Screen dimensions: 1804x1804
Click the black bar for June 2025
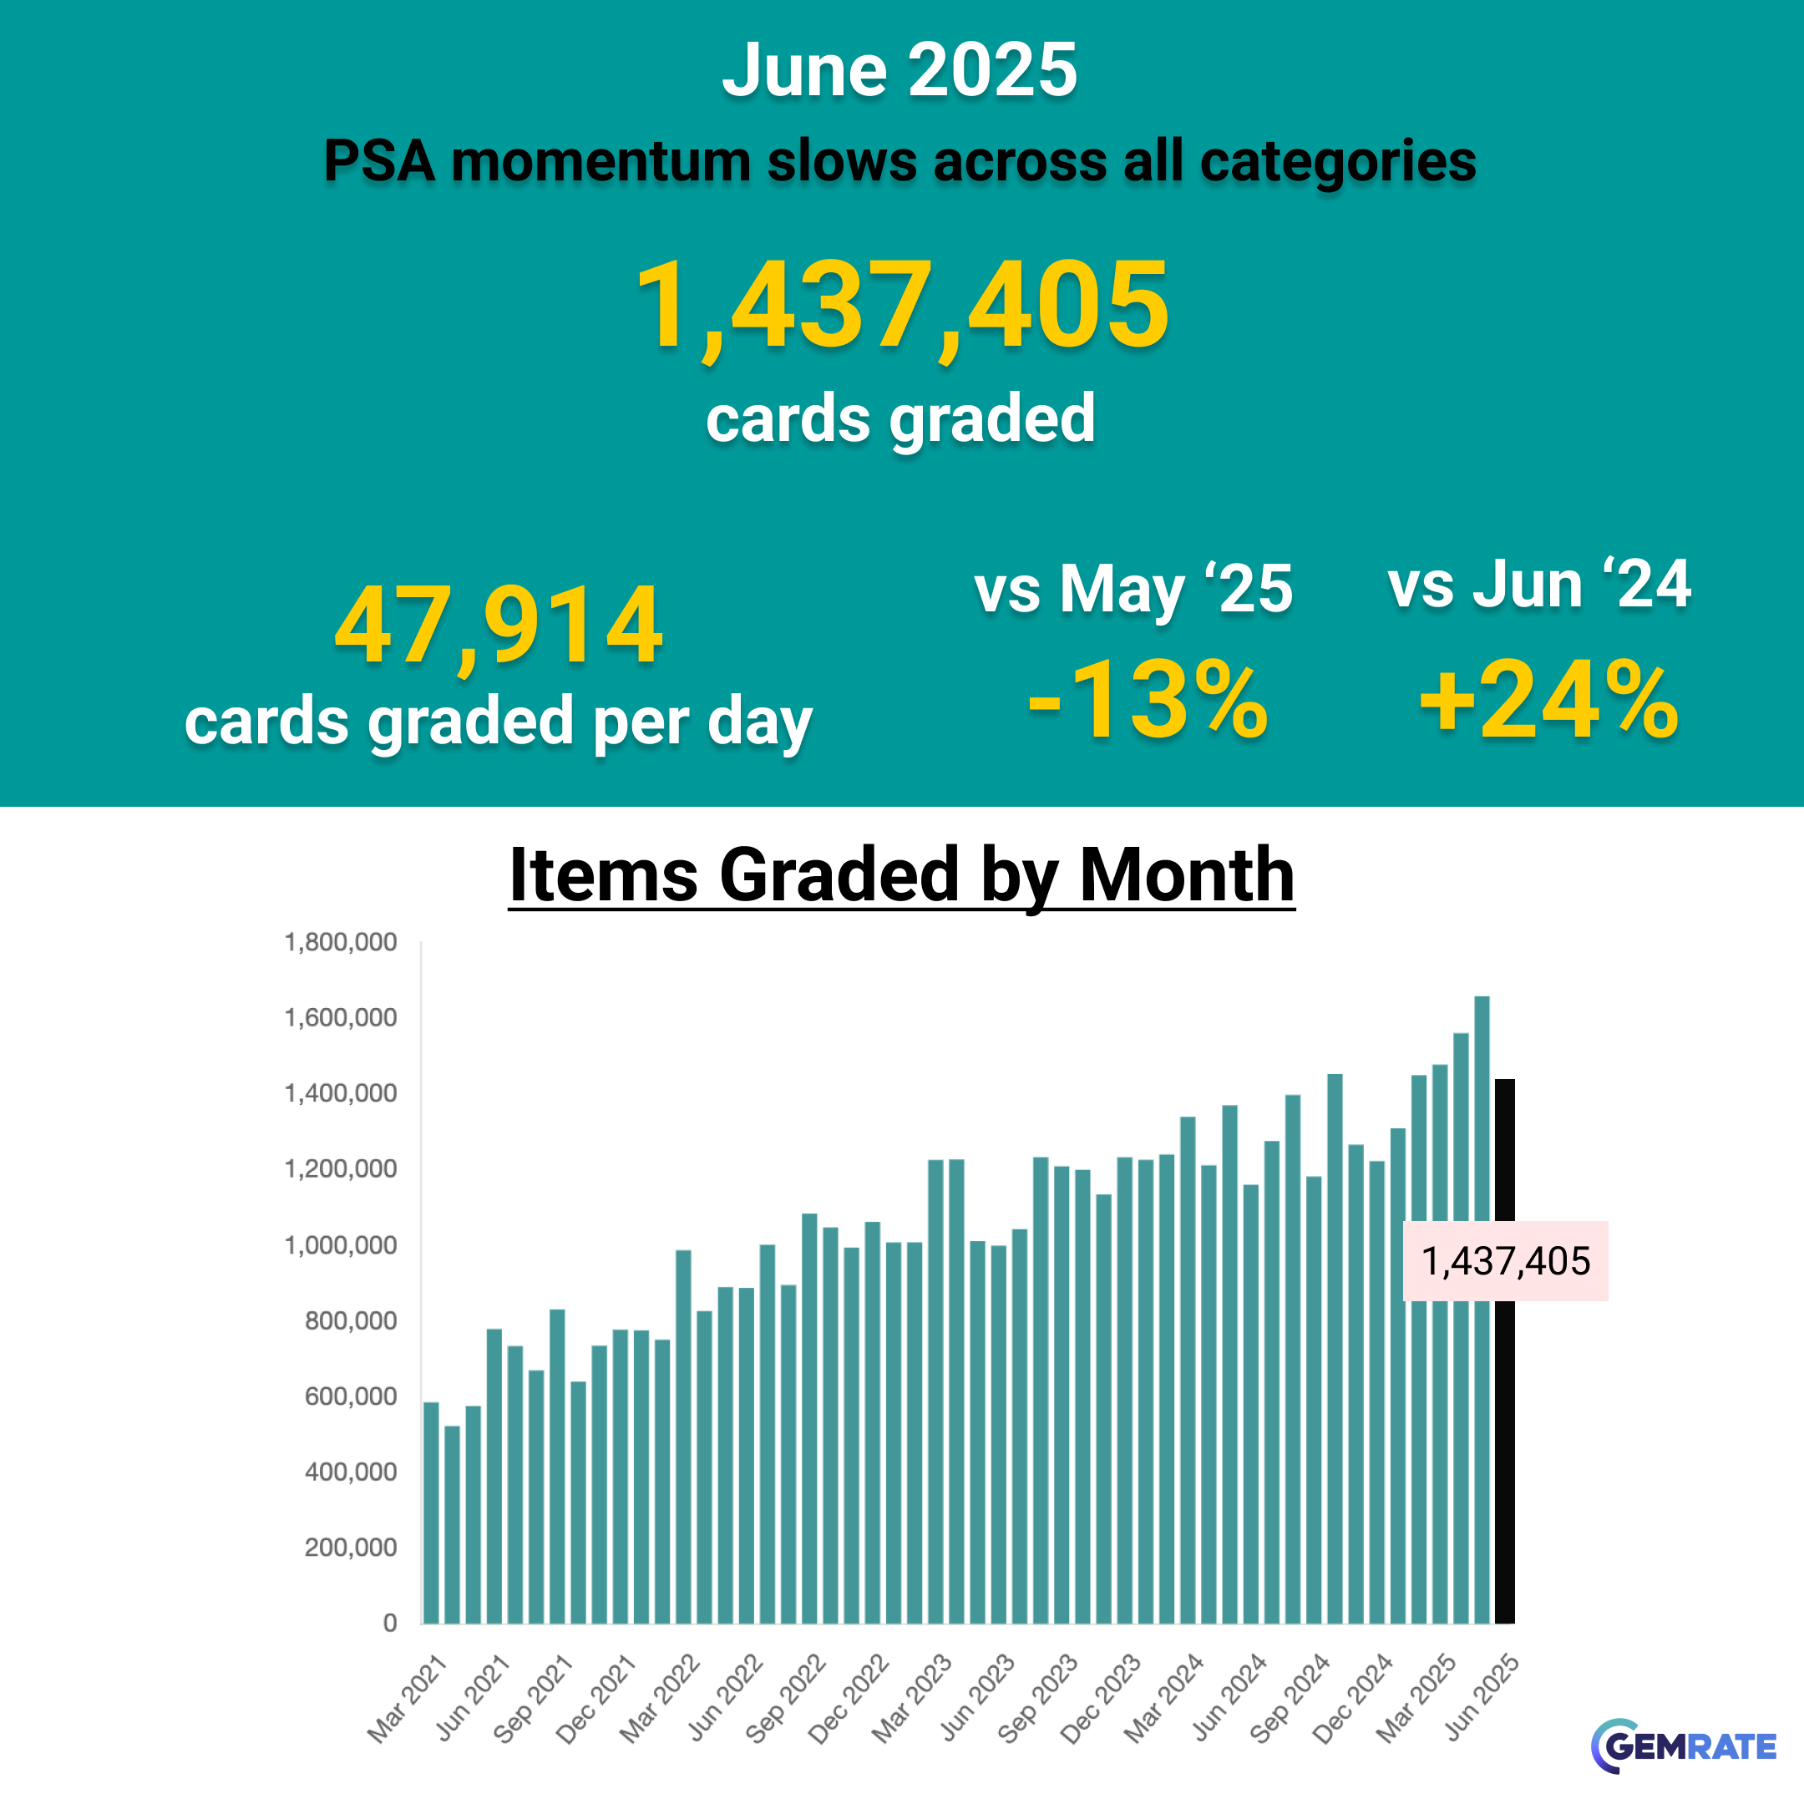click(1504, 1401)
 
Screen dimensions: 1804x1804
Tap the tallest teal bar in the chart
click(1482, 1307)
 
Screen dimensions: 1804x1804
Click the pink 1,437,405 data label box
click(1505, 1260)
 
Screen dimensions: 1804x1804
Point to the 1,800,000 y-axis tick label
click(341, 942)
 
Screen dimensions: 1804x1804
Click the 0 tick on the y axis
click(390, 1623)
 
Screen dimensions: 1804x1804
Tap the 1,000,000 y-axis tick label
click(341, 1244)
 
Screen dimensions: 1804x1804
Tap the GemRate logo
click(1683, 1746)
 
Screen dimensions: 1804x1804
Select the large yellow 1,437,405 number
click(901, 306)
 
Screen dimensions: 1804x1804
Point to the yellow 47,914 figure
click(499, 624)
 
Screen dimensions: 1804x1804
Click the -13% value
click(1148, 701)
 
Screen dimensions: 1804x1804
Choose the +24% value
click(1548, 701)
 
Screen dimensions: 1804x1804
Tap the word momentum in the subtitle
click(599, 160)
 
